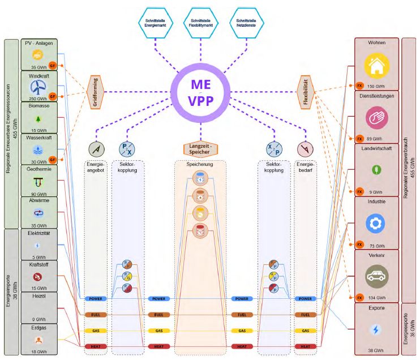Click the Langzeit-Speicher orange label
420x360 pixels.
[201, 149]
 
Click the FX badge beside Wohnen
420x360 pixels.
[359, 85]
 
